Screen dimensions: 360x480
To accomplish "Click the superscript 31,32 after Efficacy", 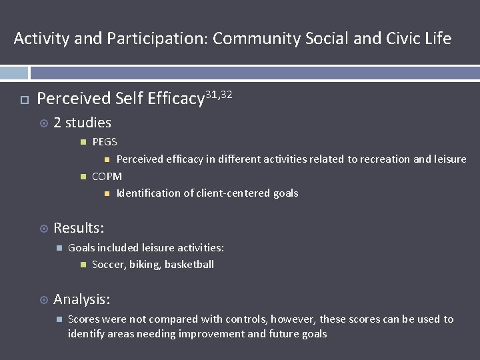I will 219,95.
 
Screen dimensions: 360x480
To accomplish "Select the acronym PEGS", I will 105,142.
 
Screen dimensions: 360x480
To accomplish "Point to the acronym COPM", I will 107,176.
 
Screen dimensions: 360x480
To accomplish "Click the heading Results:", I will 79,228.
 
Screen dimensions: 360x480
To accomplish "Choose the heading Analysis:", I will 82,299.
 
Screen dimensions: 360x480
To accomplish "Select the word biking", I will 145,265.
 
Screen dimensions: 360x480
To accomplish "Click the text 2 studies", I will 82,123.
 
